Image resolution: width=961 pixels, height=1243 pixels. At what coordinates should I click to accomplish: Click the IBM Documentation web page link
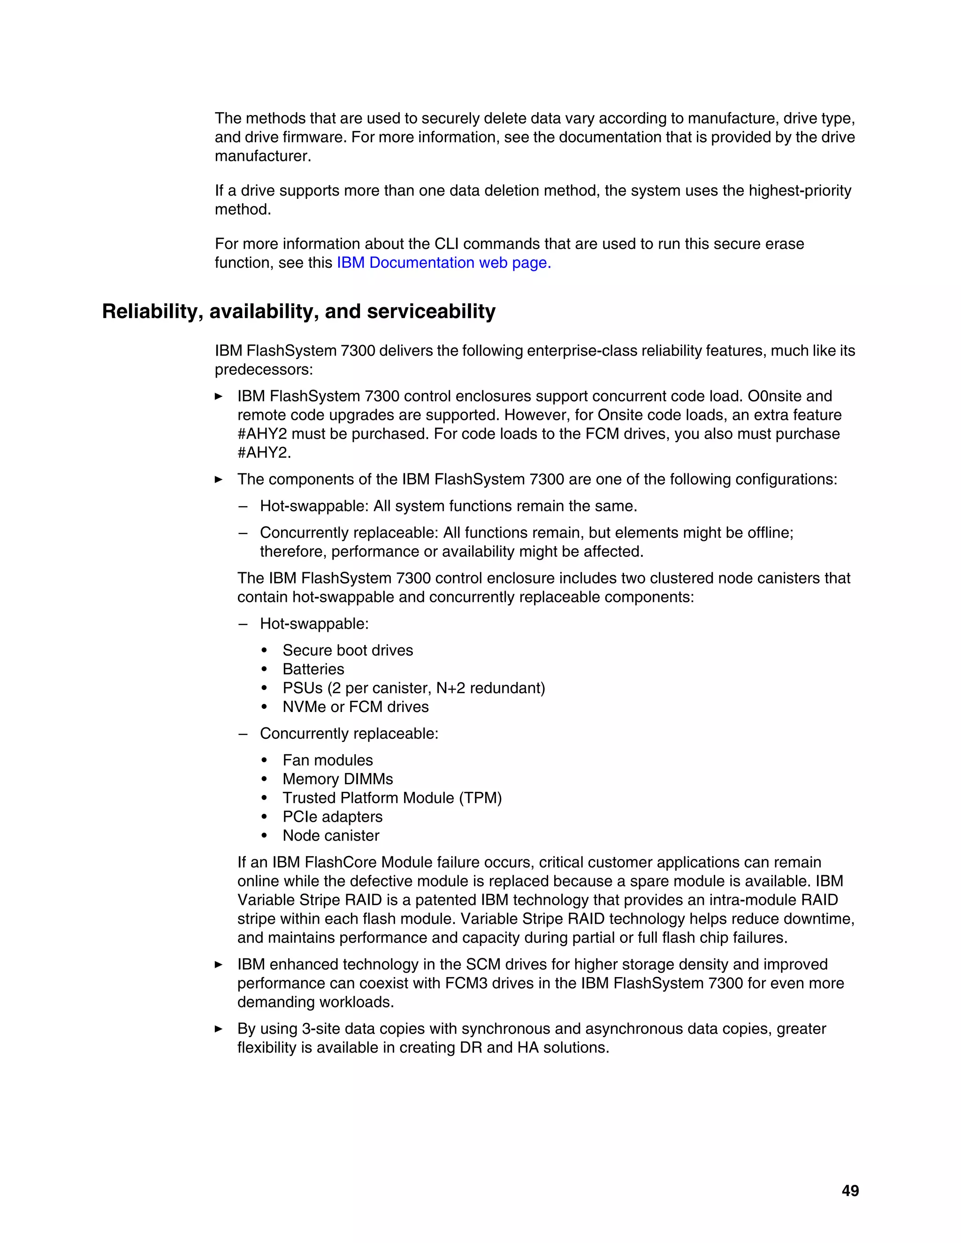[x=443, y=263]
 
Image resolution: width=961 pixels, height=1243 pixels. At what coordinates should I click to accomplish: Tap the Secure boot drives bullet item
[x=347, y=651]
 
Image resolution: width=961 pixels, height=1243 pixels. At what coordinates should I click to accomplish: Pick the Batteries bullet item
[x=313, y=669]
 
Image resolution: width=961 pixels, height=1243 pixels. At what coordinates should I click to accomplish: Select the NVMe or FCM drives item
[x=355, y=707]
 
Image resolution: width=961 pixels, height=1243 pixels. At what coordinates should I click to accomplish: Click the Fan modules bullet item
[x=328, y=760]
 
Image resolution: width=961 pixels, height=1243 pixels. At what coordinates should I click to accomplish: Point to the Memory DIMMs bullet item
[x=337, y=779]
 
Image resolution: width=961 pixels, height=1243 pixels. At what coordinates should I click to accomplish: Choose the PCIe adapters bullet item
[x=333, y=817]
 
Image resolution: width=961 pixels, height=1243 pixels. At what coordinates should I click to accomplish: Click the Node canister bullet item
[x=331, y=835]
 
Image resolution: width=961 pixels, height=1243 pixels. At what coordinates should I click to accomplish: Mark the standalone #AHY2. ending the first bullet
[x=264, y=453]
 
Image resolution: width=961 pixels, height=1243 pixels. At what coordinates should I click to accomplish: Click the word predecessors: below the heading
[x=264, y=370]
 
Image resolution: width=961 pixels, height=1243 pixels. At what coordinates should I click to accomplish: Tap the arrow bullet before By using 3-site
[x=219, y=1029]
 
